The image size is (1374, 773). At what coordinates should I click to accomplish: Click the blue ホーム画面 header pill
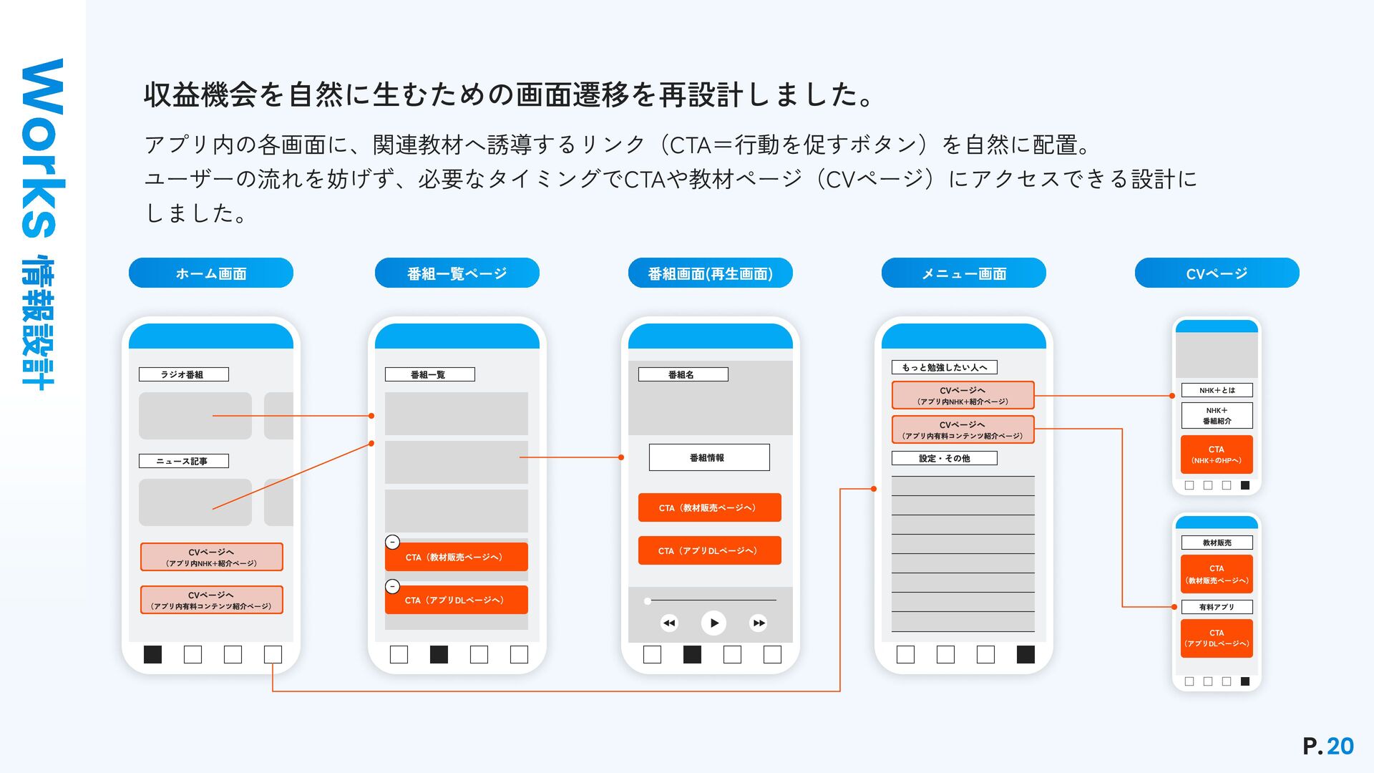pos(211,273)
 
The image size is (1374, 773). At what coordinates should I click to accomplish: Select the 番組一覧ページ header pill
pos(457,273)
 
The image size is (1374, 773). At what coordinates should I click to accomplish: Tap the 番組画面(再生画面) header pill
pos(710,273)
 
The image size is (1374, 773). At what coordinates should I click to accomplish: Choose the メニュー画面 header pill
pos(963,273)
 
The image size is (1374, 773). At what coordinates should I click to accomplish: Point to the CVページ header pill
pos(1217,273)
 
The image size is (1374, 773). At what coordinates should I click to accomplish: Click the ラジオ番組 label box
pos(184,374)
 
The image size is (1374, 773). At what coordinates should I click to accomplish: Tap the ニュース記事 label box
pos(184,461)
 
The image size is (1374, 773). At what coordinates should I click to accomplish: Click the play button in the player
pos(713,623)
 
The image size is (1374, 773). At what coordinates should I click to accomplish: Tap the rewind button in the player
pos(669,623)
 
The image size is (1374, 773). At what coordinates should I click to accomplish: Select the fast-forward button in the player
pos(759,623)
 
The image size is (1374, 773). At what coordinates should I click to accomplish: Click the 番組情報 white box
pos(709,457)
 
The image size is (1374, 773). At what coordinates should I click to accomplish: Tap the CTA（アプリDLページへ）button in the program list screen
pos(457,600)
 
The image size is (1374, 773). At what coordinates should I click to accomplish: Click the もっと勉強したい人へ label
pos(944,367)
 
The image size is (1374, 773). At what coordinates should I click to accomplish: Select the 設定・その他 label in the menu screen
pos(944,458)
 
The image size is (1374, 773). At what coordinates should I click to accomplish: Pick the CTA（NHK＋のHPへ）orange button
pos(1217,454)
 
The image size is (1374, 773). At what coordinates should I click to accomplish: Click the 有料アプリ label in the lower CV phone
pos(1217,607)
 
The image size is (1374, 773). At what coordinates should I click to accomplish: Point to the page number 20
pos(1340,746)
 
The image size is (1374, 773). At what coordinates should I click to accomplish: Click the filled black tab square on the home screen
pos(152,654)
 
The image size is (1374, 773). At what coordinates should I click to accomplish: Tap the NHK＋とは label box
pos(1217,390)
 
